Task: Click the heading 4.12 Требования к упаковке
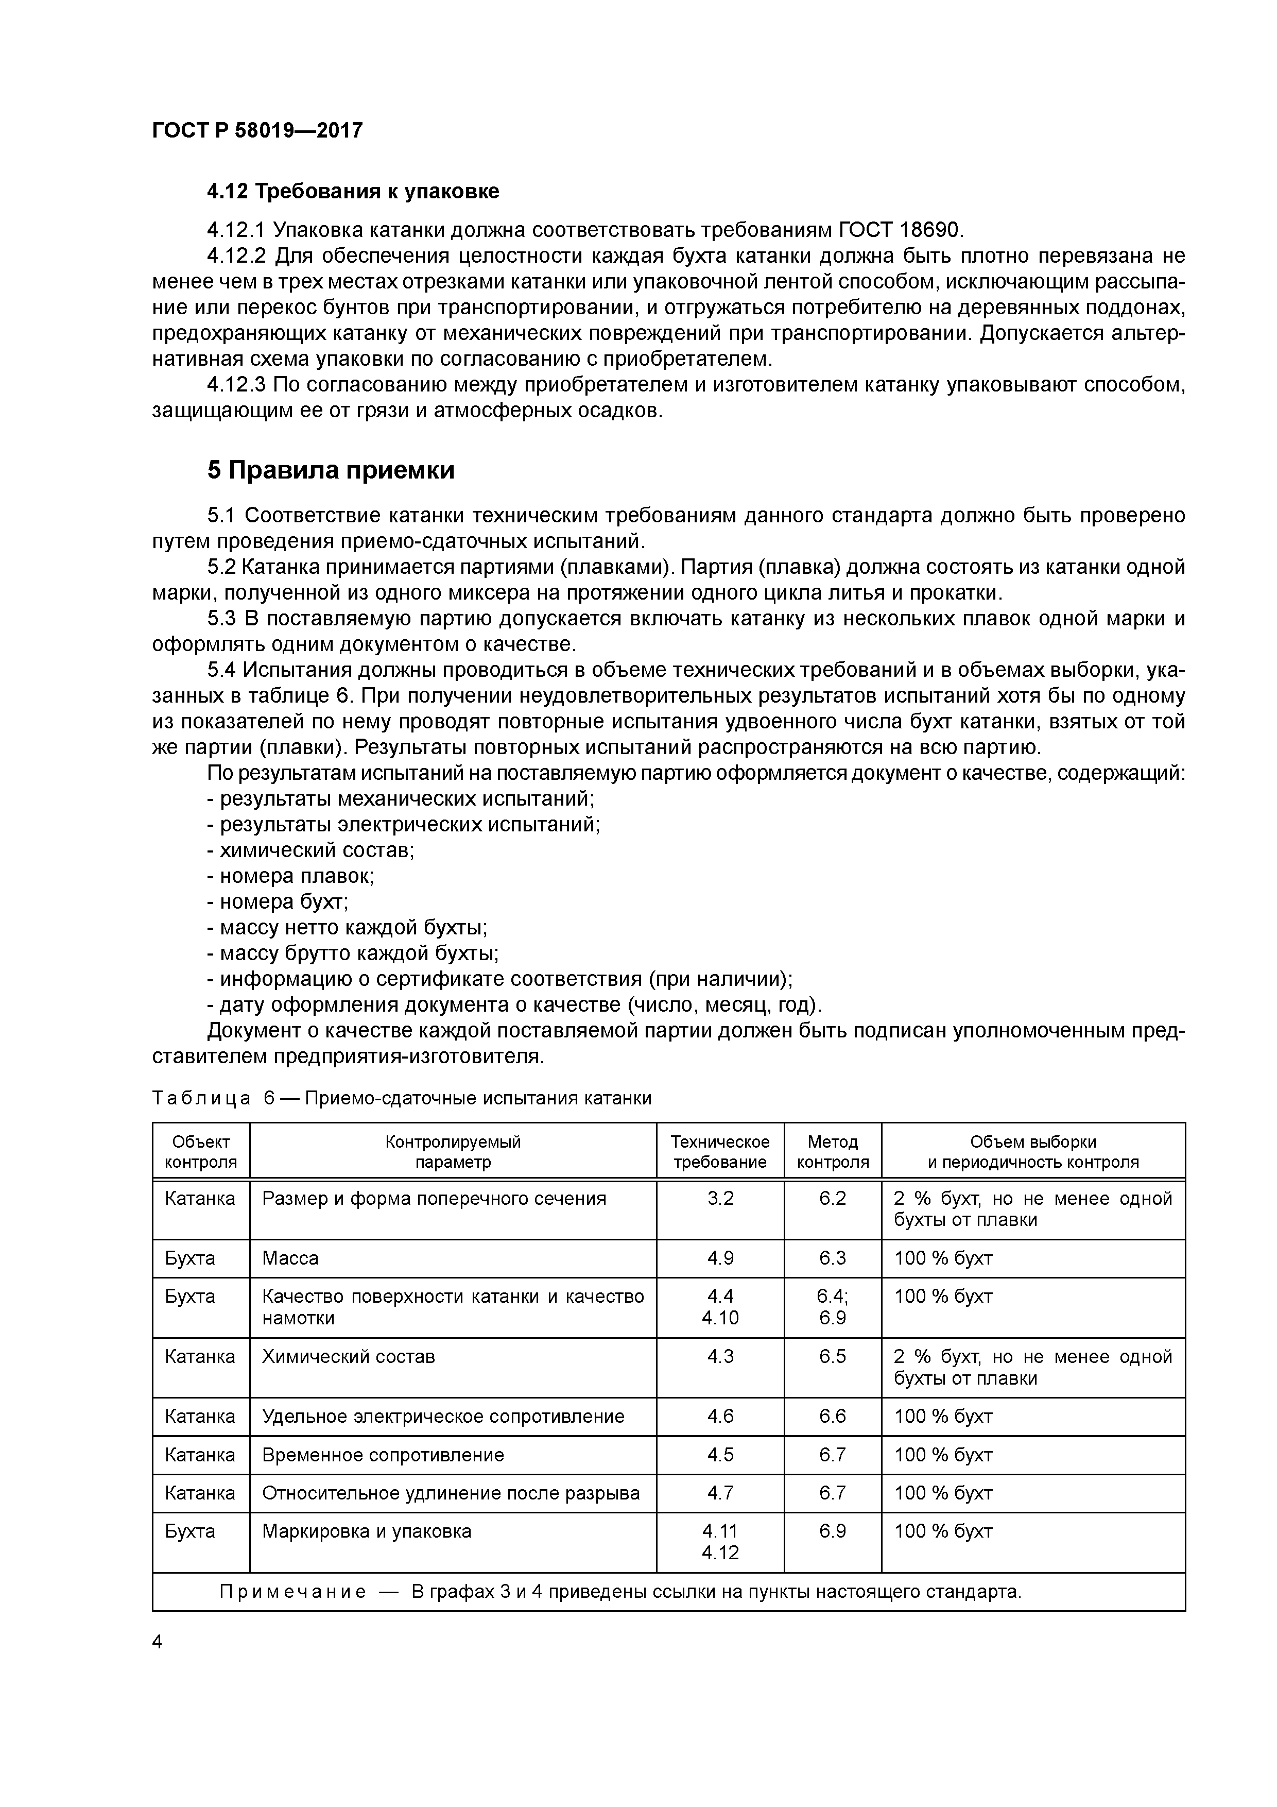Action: pyautogui.click(x=353, y=191)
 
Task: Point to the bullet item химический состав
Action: pyautogui.click(x=311, y=850)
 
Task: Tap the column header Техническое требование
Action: pyautogui.click(x=719, y=1151)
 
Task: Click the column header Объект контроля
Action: pyautogui.click(x=201, y=1151)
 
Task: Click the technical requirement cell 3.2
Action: pyautogui.click(x=720, y=1199)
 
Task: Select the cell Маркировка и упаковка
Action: pyautogui.click(x=367, y=1531)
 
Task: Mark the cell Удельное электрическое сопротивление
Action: pyautogui.click(x=443, y=1417)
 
